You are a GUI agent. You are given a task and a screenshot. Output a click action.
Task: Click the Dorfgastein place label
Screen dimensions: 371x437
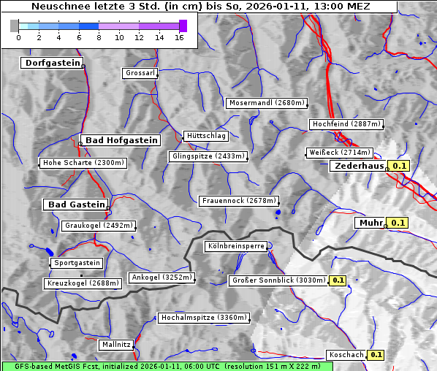(x=51, y=64)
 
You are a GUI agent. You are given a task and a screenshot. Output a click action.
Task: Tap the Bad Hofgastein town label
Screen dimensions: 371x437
(x=121, y=140)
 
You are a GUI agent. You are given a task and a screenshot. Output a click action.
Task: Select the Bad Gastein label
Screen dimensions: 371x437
(x=77, y=204)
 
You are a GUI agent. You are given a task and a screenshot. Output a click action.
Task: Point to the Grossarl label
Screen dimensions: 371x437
(x=140, y=74)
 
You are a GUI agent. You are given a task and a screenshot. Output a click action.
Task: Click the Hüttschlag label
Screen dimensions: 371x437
(x=206, y=136)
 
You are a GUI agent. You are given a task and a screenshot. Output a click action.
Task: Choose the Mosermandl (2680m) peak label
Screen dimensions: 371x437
(x=267, y=103)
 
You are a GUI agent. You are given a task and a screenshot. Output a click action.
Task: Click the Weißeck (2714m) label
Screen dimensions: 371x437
(x=340, y=153)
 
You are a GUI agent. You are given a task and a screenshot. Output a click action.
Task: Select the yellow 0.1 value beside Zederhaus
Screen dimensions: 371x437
(x=398, y=167)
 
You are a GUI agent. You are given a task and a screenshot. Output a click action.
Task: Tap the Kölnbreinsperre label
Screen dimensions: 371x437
(x=236, y=247)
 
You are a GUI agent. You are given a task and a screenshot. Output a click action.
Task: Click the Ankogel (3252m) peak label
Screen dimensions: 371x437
(x=162, y=278)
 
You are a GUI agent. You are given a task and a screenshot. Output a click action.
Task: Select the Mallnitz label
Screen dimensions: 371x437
(x=116, y=344)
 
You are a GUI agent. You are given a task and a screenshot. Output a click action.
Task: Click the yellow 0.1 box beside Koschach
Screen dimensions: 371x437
(x=376, y=355)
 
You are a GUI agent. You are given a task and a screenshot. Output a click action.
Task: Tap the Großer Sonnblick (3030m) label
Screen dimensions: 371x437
(x=278, y=280)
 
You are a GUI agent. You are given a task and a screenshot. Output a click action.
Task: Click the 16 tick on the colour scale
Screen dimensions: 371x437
(x=178, y=37)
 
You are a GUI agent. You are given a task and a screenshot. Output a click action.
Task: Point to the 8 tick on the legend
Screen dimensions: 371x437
(x=99, y=37)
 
